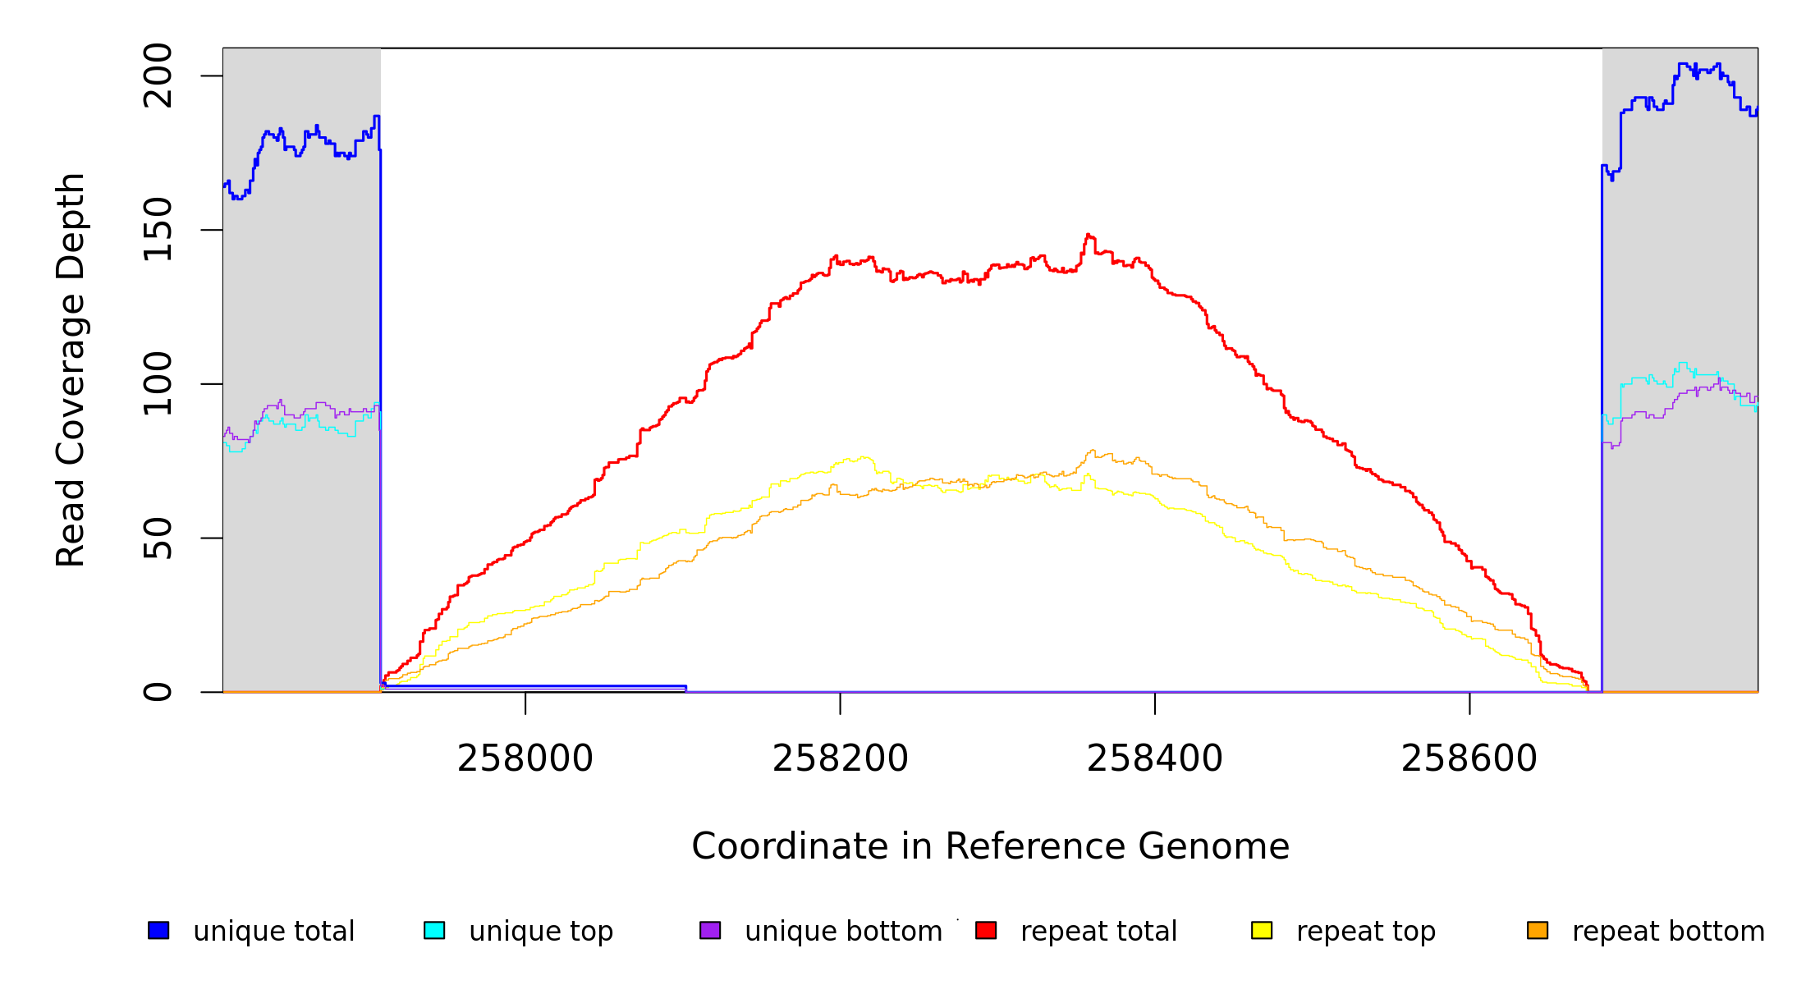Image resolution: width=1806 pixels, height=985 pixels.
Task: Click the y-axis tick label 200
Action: (x=158, y=76)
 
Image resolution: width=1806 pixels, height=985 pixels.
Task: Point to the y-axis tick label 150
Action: (x=158, y=230)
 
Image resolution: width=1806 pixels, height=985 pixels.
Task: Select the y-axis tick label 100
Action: (x=158, y=383)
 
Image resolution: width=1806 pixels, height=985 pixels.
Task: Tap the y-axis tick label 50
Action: (x=158, y=538)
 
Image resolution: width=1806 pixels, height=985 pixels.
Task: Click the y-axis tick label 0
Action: (x=158, y=692)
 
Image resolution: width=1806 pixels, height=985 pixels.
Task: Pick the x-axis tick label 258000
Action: (x=525, y=758)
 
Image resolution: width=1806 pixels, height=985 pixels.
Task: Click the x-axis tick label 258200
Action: (x=840, y=758)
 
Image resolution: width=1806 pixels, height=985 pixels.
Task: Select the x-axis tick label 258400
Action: (x=1154, y=758)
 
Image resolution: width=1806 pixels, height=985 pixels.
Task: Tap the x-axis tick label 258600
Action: (x=1469, y=758)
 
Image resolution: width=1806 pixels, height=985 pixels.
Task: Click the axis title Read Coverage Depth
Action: (x=71, y=369)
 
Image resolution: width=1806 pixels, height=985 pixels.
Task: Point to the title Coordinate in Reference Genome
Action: (x=990, y=846)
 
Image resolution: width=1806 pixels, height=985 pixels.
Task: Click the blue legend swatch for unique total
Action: (x=158, y=930)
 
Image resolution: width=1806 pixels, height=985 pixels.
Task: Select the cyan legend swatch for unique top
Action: (x=434, y=930)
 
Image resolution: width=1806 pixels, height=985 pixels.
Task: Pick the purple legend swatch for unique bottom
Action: (x=710, y=930)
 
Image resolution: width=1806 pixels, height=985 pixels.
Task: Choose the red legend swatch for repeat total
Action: (x=986, y=930)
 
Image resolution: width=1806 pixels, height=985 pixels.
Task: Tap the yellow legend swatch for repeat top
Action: (x=1262, y=930)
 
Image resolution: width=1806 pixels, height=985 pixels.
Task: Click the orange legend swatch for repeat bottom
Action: (x=1538, y=930)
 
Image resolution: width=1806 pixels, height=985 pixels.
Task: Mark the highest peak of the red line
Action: (x=1089, y=235)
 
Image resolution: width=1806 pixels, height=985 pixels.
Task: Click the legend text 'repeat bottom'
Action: (x=1668, y=931)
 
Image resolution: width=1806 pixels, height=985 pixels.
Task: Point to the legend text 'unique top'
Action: (x=541, y=931)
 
